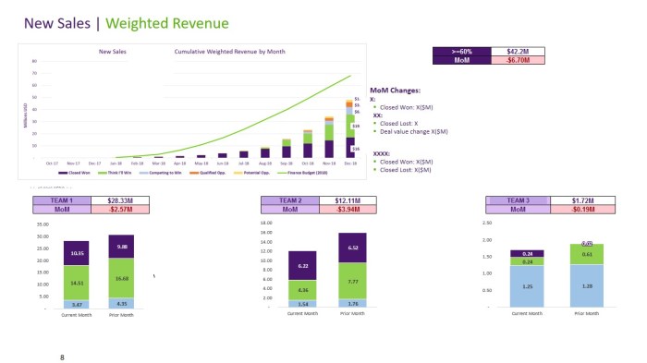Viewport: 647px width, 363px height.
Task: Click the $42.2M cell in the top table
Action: click(x=516, y=51)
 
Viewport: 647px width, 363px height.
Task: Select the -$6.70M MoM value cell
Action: click(x=516, y=60)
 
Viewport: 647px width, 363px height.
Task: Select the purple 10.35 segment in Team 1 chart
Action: click(x=76, y=253)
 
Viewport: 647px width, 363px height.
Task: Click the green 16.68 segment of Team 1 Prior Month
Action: click(x=122, y=277)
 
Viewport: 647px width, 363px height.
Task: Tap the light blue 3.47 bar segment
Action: click(x=76, y=303)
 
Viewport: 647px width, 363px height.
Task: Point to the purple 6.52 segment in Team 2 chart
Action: click(x=353, y=248)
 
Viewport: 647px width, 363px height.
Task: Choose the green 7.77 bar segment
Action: click(x=353, y=281)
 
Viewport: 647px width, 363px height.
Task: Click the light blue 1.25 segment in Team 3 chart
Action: click(x=528, y=286)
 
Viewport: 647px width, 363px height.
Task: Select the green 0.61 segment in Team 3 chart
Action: click(x=587, y=254)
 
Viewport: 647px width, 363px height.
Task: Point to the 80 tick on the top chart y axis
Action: click(x=34, y=62)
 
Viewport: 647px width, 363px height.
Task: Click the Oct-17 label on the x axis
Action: click(x=52, y=163)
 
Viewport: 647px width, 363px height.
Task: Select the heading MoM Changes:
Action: click(x=396, y=91)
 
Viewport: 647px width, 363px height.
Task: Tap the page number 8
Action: click(x=62, y=356)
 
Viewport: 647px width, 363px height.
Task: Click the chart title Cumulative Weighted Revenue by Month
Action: click(x=227, y=52)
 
